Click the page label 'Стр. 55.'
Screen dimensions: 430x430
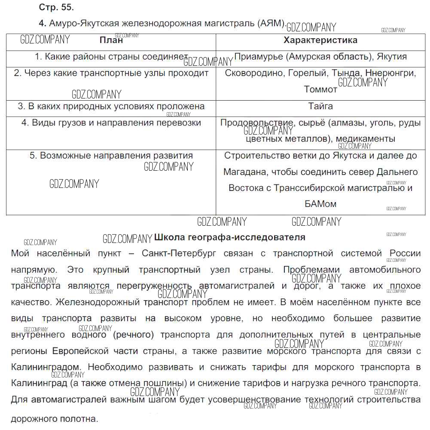pyautogui.click(x=56, y=8)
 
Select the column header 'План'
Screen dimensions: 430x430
pyautogui.click(x=111, y=40)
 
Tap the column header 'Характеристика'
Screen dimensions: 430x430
pyautogui.click(x=320, y=40)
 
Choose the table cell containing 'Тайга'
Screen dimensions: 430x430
pyautogui.click(x=320, y=106)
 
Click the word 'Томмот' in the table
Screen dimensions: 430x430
pyautogui.click(x=320, y=89)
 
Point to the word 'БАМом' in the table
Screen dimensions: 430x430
pyautogui.click(x=320, y=204)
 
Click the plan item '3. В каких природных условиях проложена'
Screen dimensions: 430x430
pyautogui.click(x=111, y=106)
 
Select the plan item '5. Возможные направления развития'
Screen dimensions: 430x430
pyautogui.click(x=111, y=156)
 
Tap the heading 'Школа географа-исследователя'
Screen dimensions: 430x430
pyautogui.click(x=229, y=237)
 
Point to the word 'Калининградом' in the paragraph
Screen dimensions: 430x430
pyautogui.click(x=46, y=367)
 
